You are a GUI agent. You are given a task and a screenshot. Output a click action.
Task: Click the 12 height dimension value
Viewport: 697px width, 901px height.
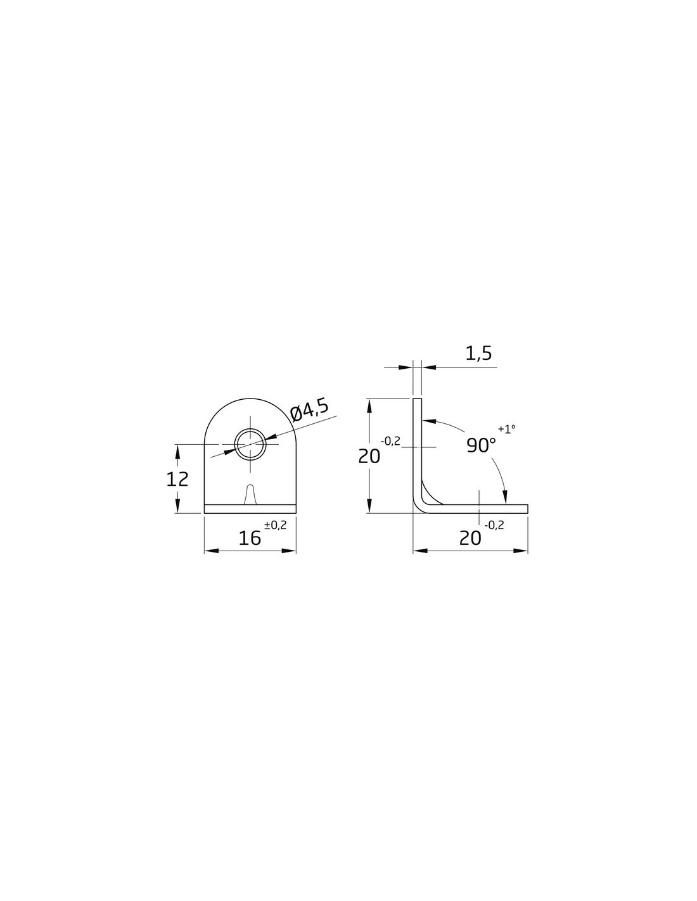177,479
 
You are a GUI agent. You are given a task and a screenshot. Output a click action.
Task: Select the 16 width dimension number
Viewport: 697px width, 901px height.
250,539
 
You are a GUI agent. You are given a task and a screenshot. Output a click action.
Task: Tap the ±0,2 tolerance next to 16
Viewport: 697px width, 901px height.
276,525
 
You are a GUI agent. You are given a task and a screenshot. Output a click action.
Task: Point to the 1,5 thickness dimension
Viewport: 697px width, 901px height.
478,354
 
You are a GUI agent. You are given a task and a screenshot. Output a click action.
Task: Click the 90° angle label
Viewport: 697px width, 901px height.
482,445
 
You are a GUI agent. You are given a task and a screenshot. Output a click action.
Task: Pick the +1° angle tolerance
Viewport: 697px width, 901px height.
507,429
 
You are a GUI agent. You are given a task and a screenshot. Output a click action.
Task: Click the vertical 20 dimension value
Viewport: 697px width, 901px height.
369,456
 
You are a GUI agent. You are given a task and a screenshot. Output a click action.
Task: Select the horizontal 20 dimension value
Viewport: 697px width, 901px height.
470,539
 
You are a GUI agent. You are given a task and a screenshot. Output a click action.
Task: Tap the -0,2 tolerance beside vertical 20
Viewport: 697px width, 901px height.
390,441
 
